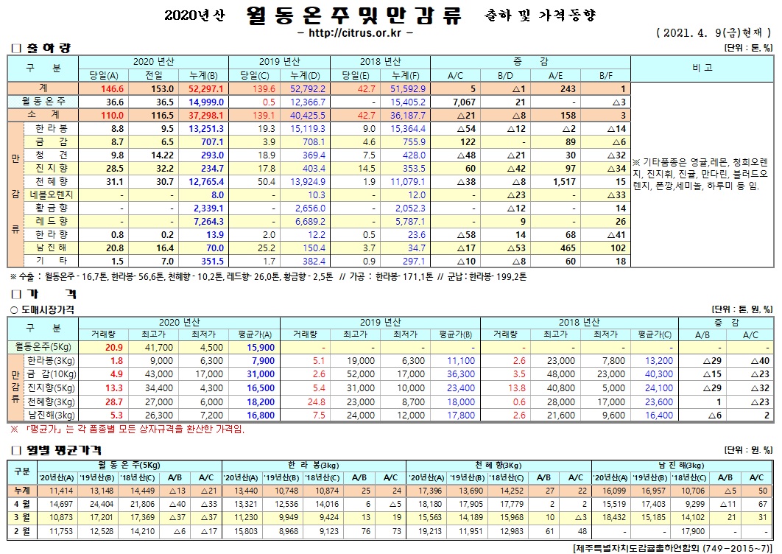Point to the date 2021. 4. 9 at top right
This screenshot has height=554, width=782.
point(700,33)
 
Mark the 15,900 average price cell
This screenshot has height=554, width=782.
point(261,346)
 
